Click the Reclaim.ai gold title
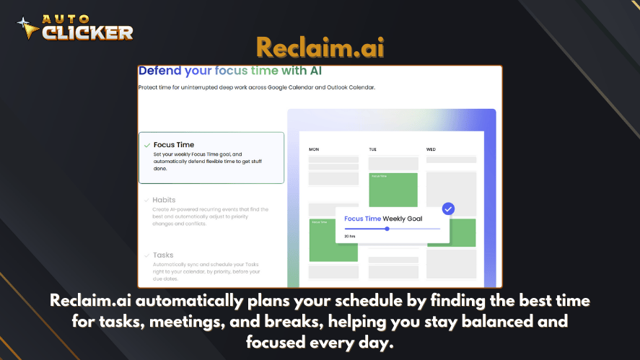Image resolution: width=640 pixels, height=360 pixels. [320, 48]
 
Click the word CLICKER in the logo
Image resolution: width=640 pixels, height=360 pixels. [87, 32]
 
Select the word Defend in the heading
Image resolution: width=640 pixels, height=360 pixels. [160, 71]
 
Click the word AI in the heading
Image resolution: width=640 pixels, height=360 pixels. [312, 71]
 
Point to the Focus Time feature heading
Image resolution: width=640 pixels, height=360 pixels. [174, 145]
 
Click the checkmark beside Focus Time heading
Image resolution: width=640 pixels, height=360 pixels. [147, 145]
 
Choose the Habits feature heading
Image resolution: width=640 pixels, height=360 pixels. [164, 200]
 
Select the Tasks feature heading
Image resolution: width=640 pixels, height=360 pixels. [163, 255]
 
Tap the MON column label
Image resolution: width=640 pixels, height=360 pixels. [314, 149]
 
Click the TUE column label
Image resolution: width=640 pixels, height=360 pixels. [373, 149]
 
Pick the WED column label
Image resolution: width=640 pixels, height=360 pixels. [431, 149]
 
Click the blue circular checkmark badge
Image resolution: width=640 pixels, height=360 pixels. [448, 209]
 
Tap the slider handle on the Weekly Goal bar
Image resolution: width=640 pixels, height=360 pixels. [387, 229]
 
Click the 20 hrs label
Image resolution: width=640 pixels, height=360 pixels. [350, 236]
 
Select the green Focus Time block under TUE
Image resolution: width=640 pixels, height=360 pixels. [393, 189]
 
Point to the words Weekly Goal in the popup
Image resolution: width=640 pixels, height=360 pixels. [403, 219]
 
